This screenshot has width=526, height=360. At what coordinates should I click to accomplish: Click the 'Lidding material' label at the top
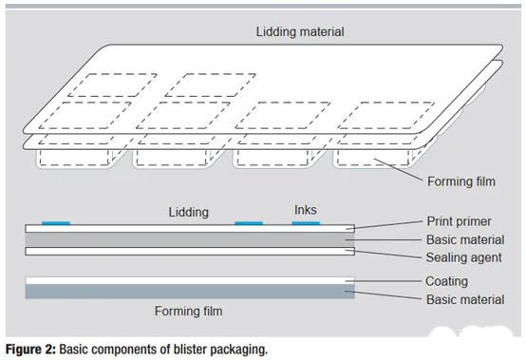pyautogui.click(x=299, y=32)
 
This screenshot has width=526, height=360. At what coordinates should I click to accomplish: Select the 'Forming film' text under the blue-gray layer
pyautogui.click(x=191, y=311)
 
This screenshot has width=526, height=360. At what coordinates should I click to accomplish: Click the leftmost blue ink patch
pyautogui.click(x=57, y=223)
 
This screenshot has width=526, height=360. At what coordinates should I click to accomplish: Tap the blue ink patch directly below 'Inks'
pyautogui.click(x=306, y=223)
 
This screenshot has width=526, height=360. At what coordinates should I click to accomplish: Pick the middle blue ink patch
pyautogui.click(x=249, y=223)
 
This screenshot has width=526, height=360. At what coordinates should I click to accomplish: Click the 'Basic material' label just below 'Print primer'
pyautogui.click(x=465, y=240)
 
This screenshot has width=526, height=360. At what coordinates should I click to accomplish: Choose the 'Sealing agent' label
pyautogui.click(x=463, y=256)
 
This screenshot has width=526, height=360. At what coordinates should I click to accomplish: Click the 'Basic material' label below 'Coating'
pyautogui.click(x=465, y=298)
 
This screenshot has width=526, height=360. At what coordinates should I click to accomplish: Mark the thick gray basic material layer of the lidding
pyautogui.click(x=190, y=239)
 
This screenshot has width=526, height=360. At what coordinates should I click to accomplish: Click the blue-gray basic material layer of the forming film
pyautogui.click(x=190, y=293)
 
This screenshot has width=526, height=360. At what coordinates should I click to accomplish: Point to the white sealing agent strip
pyautogui.click(x=190, y=253)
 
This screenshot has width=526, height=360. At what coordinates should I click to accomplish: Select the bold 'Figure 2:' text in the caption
pyautogui.click(x=29, y=349)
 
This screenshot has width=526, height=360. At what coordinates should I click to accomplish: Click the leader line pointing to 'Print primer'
pyautogui.click(x=385, y=226)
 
